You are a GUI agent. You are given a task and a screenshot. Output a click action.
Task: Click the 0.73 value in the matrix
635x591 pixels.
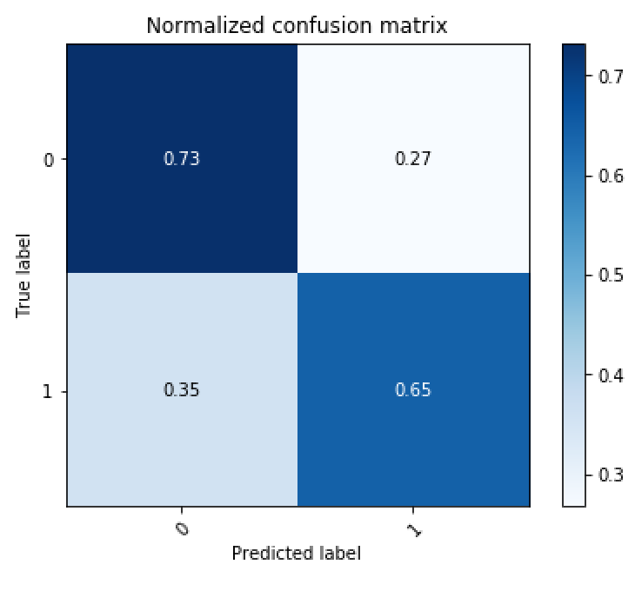(x=181, y=159)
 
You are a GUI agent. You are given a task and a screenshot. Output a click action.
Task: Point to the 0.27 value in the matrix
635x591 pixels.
(x=412, y=159)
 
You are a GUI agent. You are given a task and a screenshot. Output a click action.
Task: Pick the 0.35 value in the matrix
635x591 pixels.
(x=181, y=389)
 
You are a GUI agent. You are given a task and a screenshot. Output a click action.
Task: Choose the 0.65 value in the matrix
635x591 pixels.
(x=412, y=389)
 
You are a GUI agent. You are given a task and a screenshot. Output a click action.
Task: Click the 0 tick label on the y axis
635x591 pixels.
(x=50, y=160)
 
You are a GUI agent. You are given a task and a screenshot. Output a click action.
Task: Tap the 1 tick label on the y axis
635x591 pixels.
(x=50, y=391)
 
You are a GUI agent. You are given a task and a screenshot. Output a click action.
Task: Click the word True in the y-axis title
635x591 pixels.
(x=23, y=297)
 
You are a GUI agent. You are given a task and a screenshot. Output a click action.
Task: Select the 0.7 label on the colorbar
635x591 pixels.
(x=609, y=76)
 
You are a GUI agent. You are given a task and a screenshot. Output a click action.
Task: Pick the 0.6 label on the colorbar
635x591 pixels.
(x=609, y=176)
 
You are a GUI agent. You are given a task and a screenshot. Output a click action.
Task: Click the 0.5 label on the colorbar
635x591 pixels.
(x=609, y=276)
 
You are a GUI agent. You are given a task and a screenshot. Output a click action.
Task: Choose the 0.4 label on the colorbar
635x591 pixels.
(x=609, y=375)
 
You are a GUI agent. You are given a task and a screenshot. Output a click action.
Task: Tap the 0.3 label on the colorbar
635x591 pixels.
(x=609, y=475)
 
